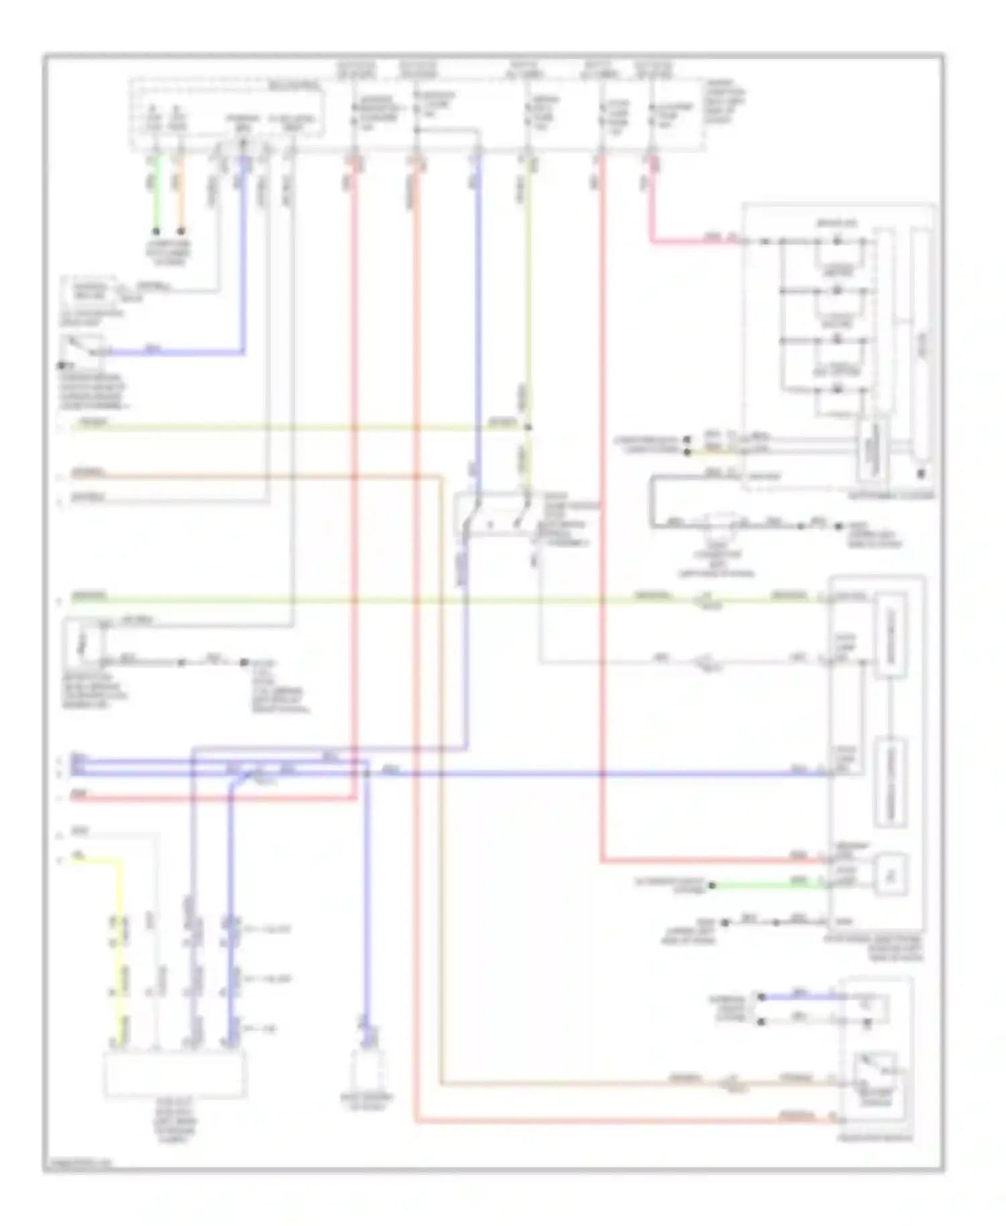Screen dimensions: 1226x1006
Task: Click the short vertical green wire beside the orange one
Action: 156,194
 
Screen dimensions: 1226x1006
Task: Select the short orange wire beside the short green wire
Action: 180,194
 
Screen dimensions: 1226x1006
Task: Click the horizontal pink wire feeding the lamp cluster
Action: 691,240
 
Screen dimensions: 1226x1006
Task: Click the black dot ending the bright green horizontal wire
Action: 712,885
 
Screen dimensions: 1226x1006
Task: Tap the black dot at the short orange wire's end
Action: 180,231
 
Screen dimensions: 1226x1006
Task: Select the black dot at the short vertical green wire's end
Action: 156,231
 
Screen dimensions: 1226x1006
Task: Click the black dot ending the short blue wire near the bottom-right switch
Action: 761,997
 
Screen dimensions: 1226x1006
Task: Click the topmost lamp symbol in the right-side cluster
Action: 836,240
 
